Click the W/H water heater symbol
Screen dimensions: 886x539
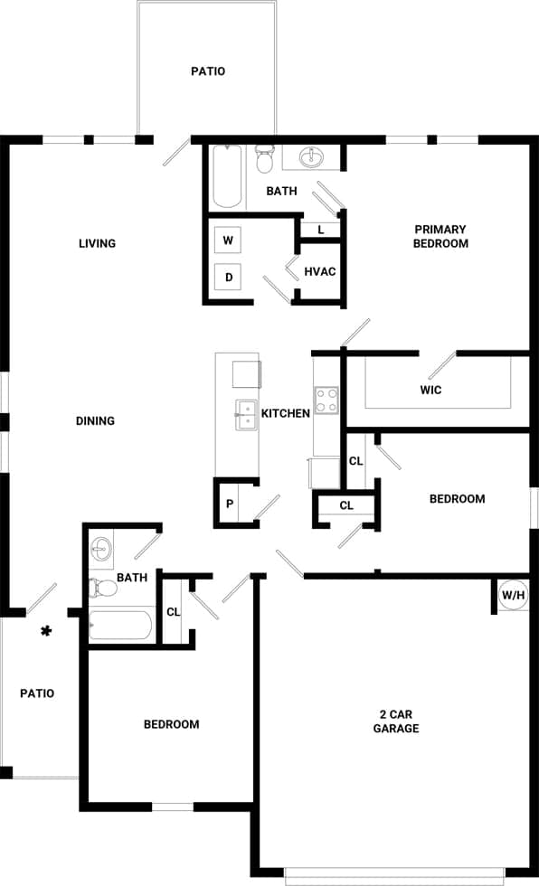[x=513, y=595]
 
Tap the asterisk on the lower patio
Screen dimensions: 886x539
[x=45, y=631]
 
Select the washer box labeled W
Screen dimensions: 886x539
[x=229, y=240]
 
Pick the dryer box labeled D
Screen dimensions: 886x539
[x=229, y=277]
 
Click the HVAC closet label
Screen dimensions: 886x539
[x=321, y=271]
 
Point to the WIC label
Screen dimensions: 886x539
[x=430, y=391]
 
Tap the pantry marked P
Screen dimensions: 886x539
[x=230, y=504]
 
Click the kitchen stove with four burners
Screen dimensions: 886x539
[x=326, y=401]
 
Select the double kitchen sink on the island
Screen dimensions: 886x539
[x=245, y=415]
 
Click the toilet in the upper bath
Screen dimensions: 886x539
[x=265, y=158]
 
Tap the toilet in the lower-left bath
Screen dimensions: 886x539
[x=104, y=588]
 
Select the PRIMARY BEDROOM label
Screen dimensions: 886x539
[x=440, y=236]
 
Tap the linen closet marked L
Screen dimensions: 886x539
[x=320, y=231]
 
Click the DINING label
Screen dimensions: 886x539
[x=95, y=420]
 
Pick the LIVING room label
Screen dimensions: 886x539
[x=97, y=243]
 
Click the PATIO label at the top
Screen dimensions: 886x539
[x=208, y=71]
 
